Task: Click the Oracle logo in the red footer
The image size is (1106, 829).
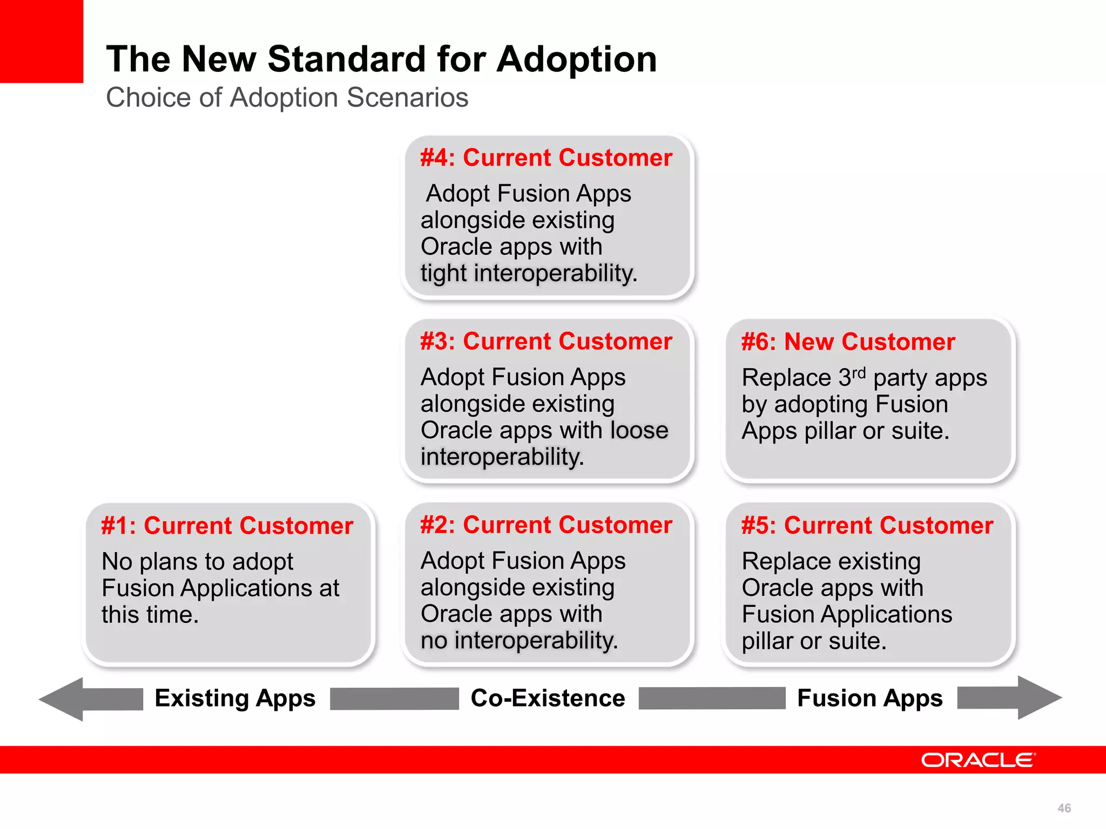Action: click(978, 760)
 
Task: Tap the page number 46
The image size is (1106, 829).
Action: click(1064, 808)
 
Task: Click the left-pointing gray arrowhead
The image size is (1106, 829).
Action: click(62, 699)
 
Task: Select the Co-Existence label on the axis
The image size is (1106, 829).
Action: click(548, 698)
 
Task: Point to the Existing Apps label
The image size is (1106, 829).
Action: click(235, 698)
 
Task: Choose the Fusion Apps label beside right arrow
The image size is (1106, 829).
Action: click(869, 698)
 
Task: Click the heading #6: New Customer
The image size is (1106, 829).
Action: click(848, 342)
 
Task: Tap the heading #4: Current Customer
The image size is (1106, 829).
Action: click(546, 158)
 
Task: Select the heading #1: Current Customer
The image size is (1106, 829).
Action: click(227, 526)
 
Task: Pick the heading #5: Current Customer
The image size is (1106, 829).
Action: click(867, 525)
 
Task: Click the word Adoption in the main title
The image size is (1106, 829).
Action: click(576, 59)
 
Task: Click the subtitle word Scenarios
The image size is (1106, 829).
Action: click(407, 98)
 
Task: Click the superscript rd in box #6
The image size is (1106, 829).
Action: click(859, 372)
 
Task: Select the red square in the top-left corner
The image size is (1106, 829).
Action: click(41, 41)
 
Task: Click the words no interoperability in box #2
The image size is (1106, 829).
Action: click(518, 641)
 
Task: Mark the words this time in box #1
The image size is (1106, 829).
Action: click(150, 615)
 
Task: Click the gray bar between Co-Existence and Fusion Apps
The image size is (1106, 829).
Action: click(711, 698)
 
